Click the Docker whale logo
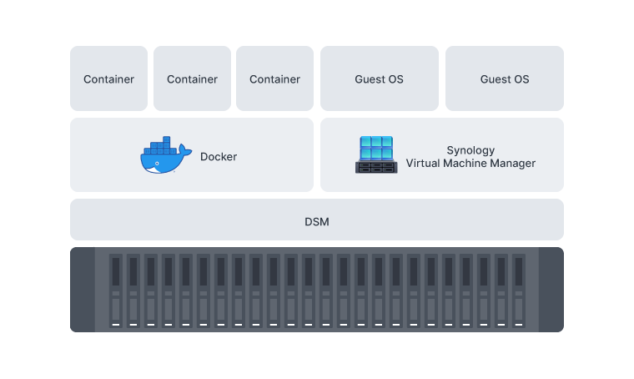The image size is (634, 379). (161, 157)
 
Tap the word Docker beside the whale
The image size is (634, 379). (219, 157)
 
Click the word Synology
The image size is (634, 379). (470, 150)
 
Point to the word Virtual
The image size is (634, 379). (424, 164)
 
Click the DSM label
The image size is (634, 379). (317, 222)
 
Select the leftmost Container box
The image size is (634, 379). (108, 79)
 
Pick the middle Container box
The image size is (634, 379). (192, 79)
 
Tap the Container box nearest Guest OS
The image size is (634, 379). (274, 79)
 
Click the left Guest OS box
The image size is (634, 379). (379, 79)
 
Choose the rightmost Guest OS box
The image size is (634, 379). (504, 79)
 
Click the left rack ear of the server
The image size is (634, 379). (83, 289)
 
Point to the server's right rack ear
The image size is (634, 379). (551, 289)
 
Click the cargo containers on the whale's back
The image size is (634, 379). (164, 148)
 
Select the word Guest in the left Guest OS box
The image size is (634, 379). (370, 79)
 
